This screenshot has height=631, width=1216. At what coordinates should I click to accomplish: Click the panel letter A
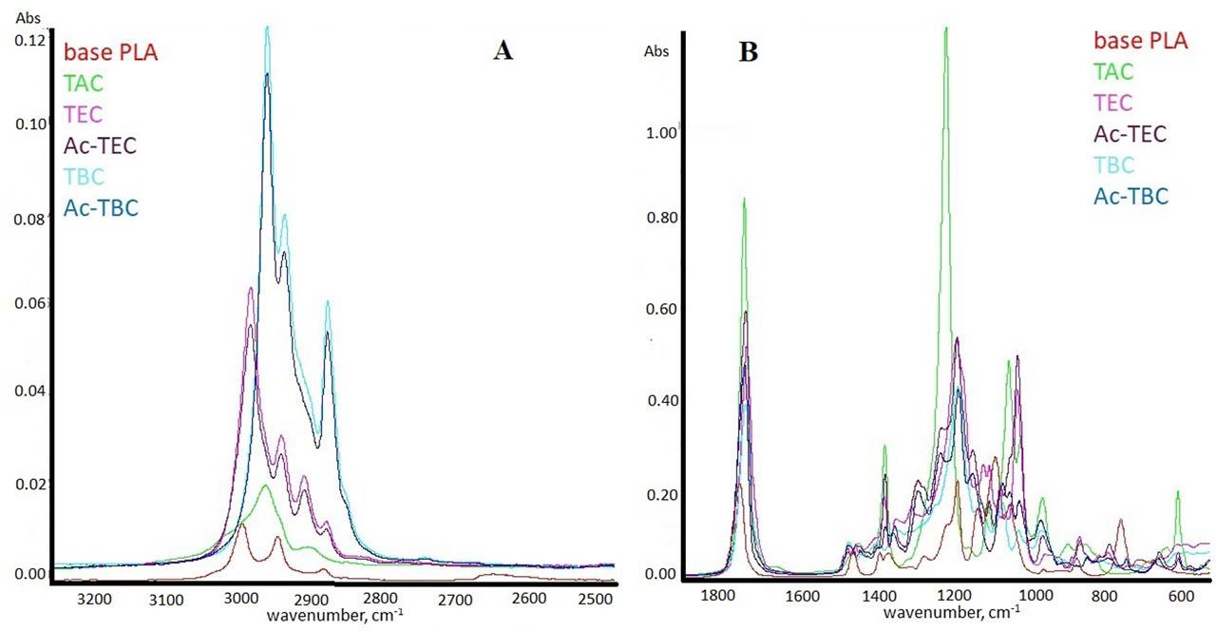[503, 51]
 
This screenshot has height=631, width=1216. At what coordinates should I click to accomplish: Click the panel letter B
[749, 52]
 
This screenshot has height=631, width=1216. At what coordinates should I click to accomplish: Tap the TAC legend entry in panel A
[83, 84]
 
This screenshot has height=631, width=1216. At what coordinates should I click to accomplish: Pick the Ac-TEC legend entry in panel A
[100, 146]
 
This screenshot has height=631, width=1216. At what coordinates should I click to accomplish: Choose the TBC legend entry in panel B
[1114, 164]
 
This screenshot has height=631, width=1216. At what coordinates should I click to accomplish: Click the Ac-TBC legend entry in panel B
[1130, 196]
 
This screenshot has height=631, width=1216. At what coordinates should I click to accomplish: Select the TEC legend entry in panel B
[1113, 102]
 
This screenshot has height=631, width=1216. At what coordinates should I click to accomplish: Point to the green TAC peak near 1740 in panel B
[744, 200]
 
